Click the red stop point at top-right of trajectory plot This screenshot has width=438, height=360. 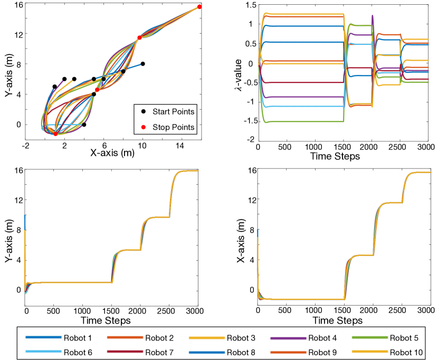click(199, 7)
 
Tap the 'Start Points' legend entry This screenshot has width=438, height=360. click(173, 112)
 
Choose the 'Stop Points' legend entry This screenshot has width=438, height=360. click(173, 127)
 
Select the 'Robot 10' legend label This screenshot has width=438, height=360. click(406, 350)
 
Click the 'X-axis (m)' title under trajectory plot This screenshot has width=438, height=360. click(112, 154)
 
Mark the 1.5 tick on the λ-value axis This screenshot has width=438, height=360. click(249, 5)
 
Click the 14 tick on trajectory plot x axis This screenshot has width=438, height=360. click(180, 145)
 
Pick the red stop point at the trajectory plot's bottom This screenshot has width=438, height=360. click(55, 134)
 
